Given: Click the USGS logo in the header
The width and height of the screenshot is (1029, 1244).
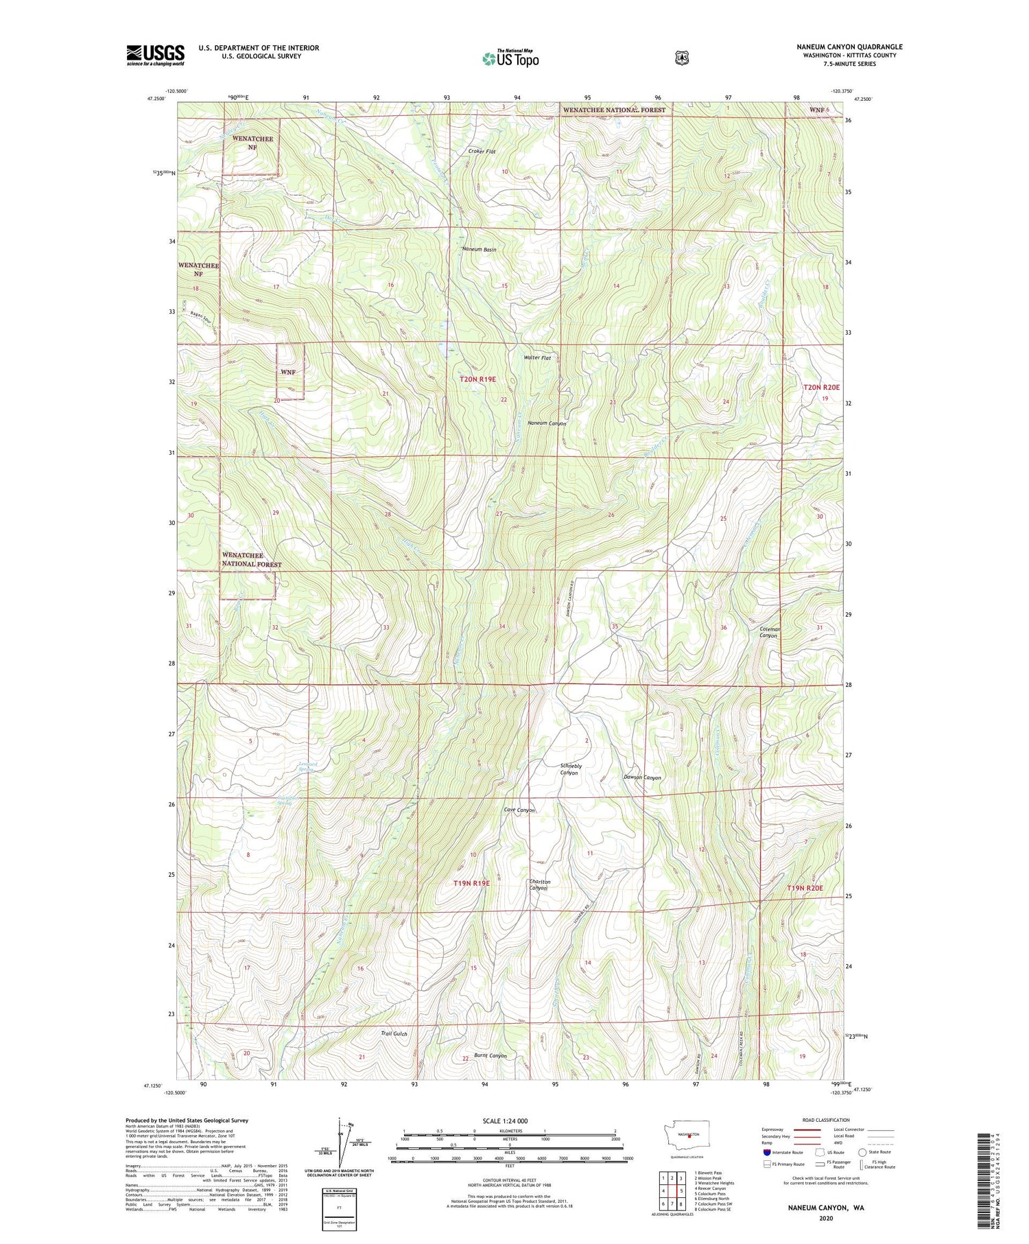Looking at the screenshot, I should click(x=155, y=55).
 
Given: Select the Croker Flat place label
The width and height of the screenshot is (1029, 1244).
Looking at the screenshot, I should click(x=482, y=151).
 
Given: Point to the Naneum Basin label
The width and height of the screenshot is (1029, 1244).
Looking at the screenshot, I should click(x=479, y=250).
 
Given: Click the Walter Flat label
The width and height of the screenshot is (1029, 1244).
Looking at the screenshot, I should click(x=537, y=358).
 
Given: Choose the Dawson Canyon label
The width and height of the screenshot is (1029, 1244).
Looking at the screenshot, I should click(x=642, y=777).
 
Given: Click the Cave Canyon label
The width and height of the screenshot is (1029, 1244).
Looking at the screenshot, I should click(x=519, y=810).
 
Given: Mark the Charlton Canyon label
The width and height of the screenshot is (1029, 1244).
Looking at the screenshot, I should click(x=539, y=884).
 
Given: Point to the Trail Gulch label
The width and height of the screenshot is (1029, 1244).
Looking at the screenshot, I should click(x=394, y=1033).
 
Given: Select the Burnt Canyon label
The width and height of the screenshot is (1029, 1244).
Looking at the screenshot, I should click(x=490, y=1055).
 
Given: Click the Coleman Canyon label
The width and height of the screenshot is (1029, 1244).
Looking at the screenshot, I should click(x=769, y=632).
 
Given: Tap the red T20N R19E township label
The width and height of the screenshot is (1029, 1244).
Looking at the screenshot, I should click(x=477, y=379).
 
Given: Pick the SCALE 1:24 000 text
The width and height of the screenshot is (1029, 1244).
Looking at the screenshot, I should click(x=509, y=1120).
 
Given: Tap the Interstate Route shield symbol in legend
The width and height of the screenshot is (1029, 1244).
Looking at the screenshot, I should click(x=766, y=1152).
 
